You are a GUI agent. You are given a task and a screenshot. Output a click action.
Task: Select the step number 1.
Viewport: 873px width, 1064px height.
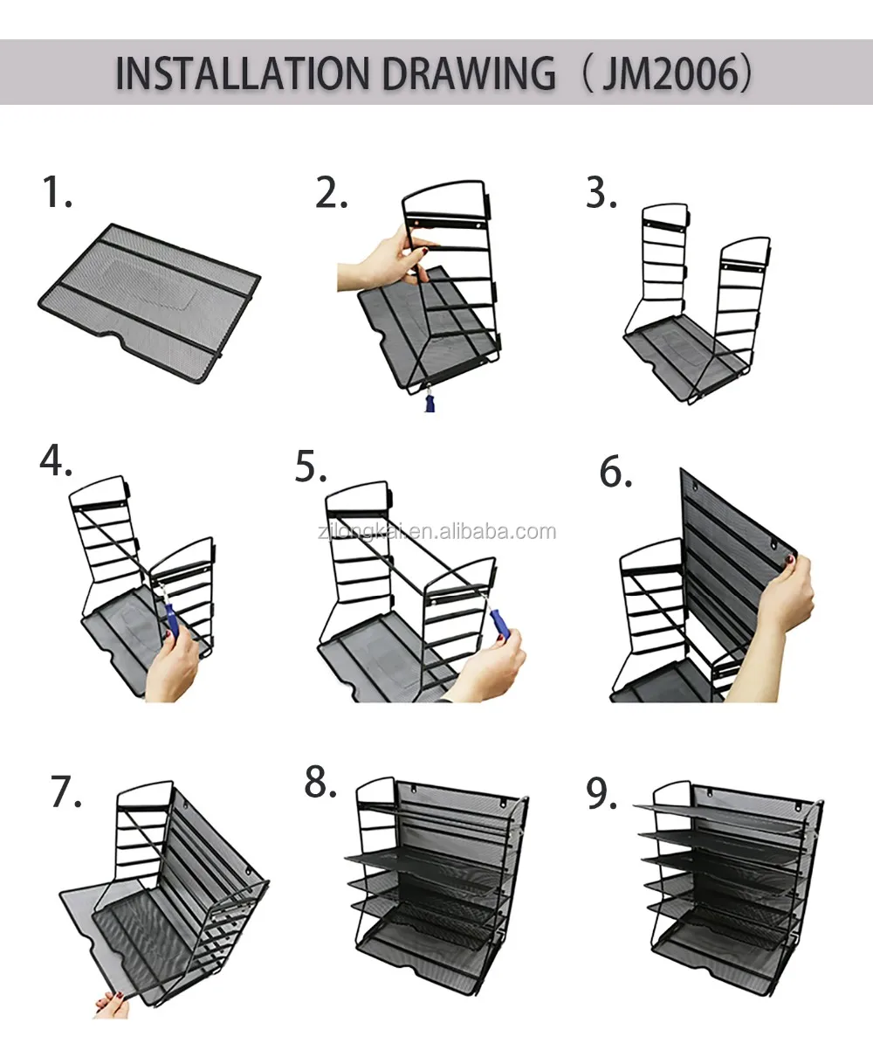[57, 191]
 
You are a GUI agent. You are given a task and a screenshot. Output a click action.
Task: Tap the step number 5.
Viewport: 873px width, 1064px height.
[311, 466]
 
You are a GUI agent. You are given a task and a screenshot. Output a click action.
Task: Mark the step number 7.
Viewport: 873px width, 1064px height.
[66, 791]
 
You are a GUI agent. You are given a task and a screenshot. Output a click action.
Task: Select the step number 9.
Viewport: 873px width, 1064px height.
[601, 793]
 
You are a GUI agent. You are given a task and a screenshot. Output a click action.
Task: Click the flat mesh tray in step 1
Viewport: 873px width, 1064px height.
[149, 303]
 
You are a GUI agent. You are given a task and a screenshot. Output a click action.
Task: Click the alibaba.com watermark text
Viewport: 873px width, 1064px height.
[436, 532]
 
